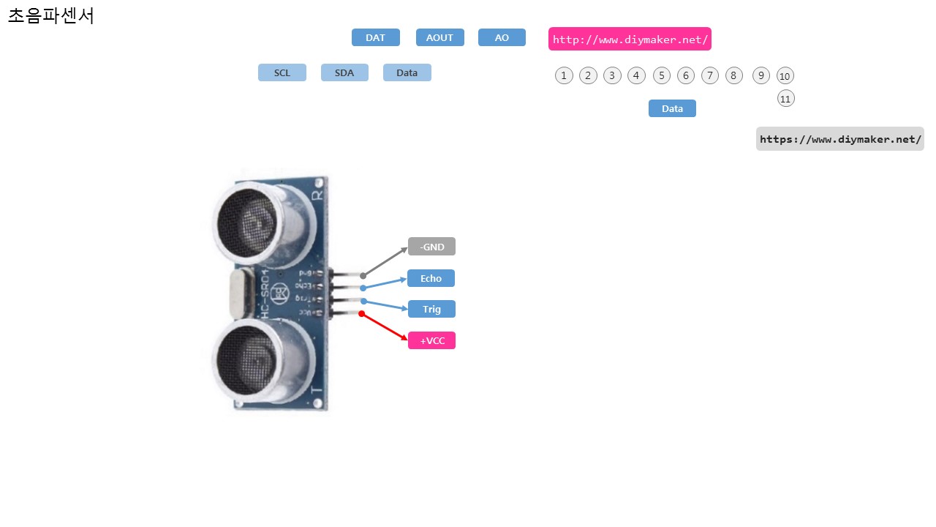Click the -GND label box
[x=431, y=247]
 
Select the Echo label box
[x=431, y=278]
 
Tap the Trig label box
[x=431, y=309]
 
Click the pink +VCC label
[x=431, y=340]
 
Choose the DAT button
[x=375, y=37]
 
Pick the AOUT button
[x=439, y=37]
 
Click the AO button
[x=502, y=37]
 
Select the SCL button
[x=282, y=72]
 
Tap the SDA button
[x=344, y=72]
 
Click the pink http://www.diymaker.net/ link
[x=630, y=39]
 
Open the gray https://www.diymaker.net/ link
[x=839, y=139]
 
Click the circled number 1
[x=564, y=75]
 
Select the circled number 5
[x=662, y=75]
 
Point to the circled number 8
[x=734, y=75]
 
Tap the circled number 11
[x=786, y=98]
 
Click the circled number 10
[x=785, y=76]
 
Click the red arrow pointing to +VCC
[x=384, y=326]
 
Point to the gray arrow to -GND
[x=385, y=262]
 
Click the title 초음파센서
[x=51, y=15]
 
